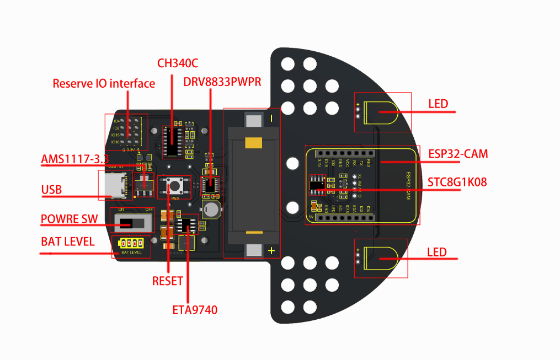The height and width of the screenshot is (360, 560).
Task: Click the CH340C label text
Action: [x=177, y=63]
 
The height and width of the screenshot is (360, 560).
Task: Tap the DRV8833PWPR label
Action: [x=222, y=82]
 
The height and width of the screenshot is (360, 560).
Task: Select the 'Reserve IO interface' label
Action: [x=104, y=84]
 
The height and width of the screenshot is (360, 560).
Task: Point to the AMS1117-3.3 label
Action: [x=74, y=160]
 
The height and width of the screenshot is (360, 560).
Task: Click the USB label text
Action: [x=51, y=190]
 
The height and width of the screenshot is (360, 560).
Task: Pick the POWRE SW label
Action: [x=69, y=219]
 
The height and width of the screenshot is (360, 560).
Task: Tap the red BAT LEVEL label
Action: [x=67, y=241]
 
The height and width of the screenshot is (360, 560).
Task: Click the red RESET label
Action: [x=167, y=281]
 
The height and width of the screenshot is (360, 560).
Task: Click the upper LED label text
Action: [x=438, y=104]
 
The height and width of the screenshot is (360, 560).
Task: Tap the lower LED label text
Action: [x=437, y=252]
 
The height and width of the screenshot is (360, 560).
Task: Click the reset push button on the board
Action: [x=175, y=185]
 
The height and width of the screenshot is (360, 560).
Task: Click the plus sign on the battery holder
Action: [x=271, y=251]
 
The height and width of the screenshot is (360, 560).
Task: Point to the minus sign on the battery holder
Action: [x=271, y=119]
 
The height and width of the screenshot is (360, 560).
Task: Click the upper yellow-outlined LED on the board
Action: [x=386, y=112]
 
